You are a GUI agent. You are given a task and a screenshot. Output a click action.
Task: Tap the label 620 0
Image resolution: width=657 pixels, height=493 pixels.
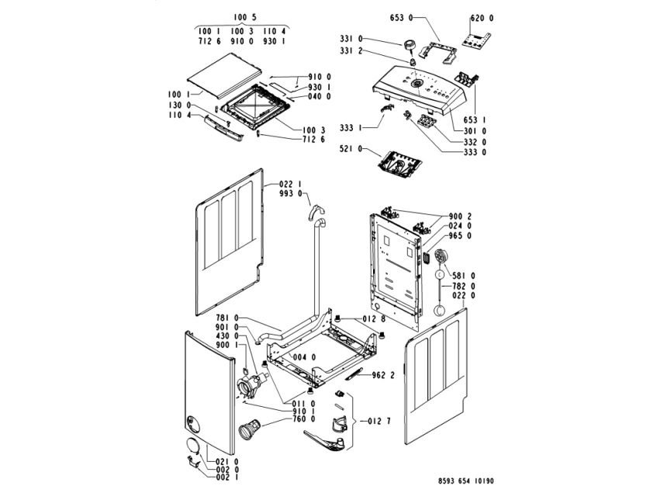482,17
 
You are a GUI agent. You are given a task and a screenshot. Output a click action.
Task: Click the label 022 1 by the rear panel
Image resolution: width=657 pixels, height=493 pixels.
289,184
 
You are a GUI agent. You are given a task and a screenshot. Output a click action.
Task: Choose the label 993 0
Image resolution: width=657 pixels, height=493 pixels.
289,193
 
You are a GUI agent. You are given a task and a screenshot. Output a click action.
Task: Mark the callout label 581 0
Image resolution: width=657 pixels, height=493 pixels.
463,275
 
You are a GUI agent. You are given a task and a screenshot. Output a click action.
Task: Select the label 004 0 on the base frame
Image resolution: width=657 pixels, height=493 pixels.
303,358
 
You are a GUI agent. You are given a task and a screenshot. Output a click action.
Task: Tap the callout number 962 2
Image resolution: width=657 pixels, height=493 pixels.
383,376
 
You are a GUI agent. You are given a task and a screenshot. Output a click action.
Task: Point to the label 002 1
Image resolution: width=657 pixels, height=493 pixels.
227,480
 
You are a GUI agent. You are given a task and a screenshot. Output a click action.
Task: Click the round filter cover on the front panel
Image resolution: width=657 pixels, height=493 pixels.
191,446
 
